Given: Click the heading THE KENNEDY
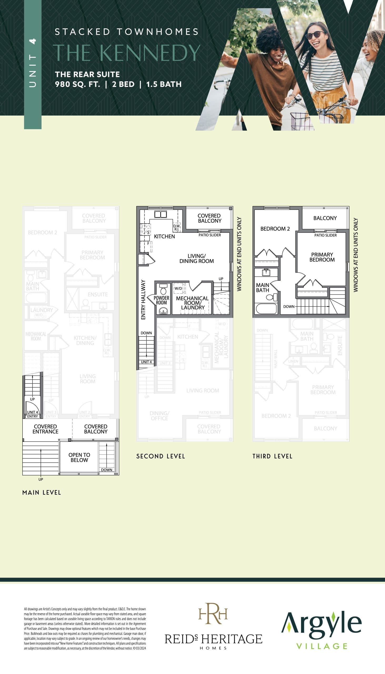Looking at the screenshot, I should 126,53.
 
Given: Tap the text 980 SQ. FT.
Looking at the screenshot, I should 77,85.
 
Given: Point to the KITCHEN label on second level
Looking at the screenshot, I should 164,236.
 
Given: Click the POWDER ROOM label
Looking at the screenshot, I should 161,300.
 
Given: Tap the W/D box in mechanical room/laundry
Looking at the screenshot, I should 178,288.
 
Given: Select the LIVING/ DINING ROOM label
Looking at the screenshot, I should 197,259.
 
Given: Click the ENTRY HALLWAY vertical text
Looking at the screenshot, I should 143,299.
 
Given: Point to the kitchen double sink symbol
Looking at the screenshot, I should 161,214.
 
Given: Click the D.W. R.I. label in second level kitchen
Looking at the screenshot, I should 177,227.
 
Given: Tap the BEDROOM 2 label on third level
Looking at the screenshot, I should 275,229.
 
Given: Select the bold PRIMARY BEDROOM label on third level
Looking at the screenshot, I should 322,257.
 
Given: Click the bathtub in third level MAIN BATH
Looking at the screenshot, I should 266,309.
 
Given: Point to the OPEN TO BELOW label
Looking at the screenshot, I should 79,457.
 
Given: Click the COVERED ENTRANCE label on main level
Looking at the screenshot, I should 45,429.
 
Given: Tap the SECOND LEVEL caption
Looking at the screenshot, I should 161,456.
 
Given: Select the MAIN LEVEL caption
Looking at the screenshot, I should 42,493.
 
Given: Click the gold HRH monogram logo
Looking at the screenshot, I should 213,613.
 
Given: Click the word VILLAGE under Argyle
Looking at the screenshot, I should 322,646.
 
